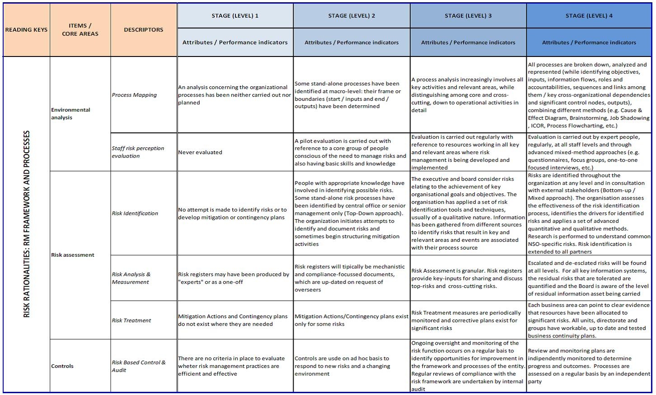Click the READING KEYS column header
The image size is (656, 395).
tap(26, 30)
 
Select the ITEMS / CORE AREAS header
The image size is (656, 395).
tap(80, 30)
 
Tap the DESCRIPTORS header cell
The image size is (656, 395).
tap(144, 30)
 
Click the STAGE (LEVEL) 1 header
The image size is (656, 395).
tap(235, 16)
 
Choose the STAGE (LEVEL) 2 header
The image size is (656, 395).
tap(351, 16)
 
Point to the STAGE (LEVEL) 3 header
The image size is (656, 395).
tap(468, 16)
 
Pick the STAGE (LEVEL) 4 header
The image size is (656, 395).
tap(589, 16)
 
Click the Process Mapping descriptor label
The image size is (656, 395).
tap(134, 95)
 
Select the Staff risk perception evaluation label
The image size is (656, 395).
tap(138, 152)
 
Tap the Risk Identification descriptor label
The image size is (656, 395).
tap(135, 213)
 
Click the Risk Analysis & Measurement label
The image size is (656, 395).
tap(131, 278)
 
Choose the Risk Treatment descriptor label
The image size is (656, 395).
tap(131, 320)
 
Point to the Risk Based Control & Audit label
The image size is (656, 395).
tap(138, 366)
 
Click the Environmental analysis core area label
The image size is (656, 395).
tap(70, 113)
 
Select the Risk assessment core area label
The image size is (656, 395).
tap(73, 255)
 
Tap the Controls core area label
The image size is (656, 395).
tap(62, 366)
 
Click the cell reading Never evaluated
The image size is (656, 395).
tap(200, 152)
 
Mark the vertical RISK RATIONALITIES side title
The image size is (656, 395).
tap(27, 224)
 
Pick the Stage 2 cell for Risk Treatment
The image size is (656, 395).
tap(351, 320)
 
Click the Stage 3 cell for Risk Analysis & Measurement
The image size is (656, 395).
tap(467, 278)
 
